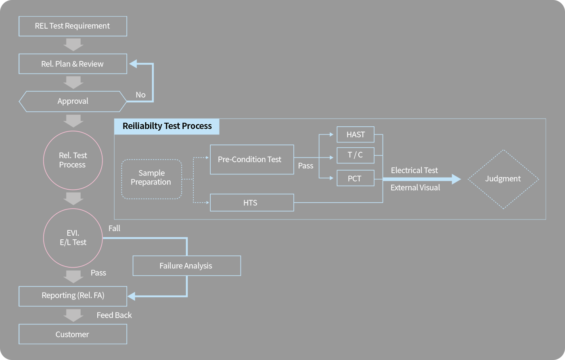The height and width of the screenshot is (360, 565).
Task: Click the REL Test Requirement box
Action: (73, 26)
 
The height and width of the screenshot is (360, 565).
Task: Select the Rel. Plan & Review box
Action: (73, 64)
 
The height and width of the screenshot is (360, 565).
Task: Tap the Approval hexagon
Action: (73, 101)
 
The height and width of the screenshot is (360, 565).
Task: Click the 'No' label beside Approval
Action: (140, 95)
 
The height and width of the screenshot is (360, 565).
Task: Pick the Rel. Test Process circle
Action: (73, 160)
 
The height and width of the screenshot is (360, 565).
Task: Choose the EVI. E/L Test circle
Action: (73, 238)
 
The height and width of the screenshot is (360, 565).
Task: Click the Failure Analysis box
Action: (186, 266)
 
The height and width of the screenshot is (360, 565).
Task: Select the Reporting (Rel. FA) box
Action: (73, 296)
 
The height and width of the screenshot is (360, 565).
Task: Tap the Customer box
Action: (73, 334)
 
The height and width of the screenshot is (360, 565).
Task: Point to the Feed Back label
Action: (114, 315)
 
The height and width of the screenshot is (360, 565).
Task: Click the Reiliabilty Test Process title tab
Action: (167, 126)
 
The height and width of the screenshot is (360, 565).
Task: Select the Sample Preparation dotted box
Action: (151, 179)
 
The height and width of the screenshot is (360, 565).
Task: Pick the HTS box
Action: (252, 203)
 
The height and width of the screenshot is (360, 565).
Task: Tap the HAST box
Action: (356, 134)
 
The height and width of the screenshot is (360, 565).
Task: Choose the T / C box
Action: (356, 155)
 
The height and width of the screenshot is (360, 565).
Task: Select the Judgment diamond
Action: (503, 179)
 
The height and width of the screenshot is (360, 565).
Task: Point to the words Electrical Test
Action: (414, 170)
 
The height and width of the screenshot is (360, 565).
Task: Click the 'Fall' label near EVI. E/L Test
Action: (114, 228)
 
